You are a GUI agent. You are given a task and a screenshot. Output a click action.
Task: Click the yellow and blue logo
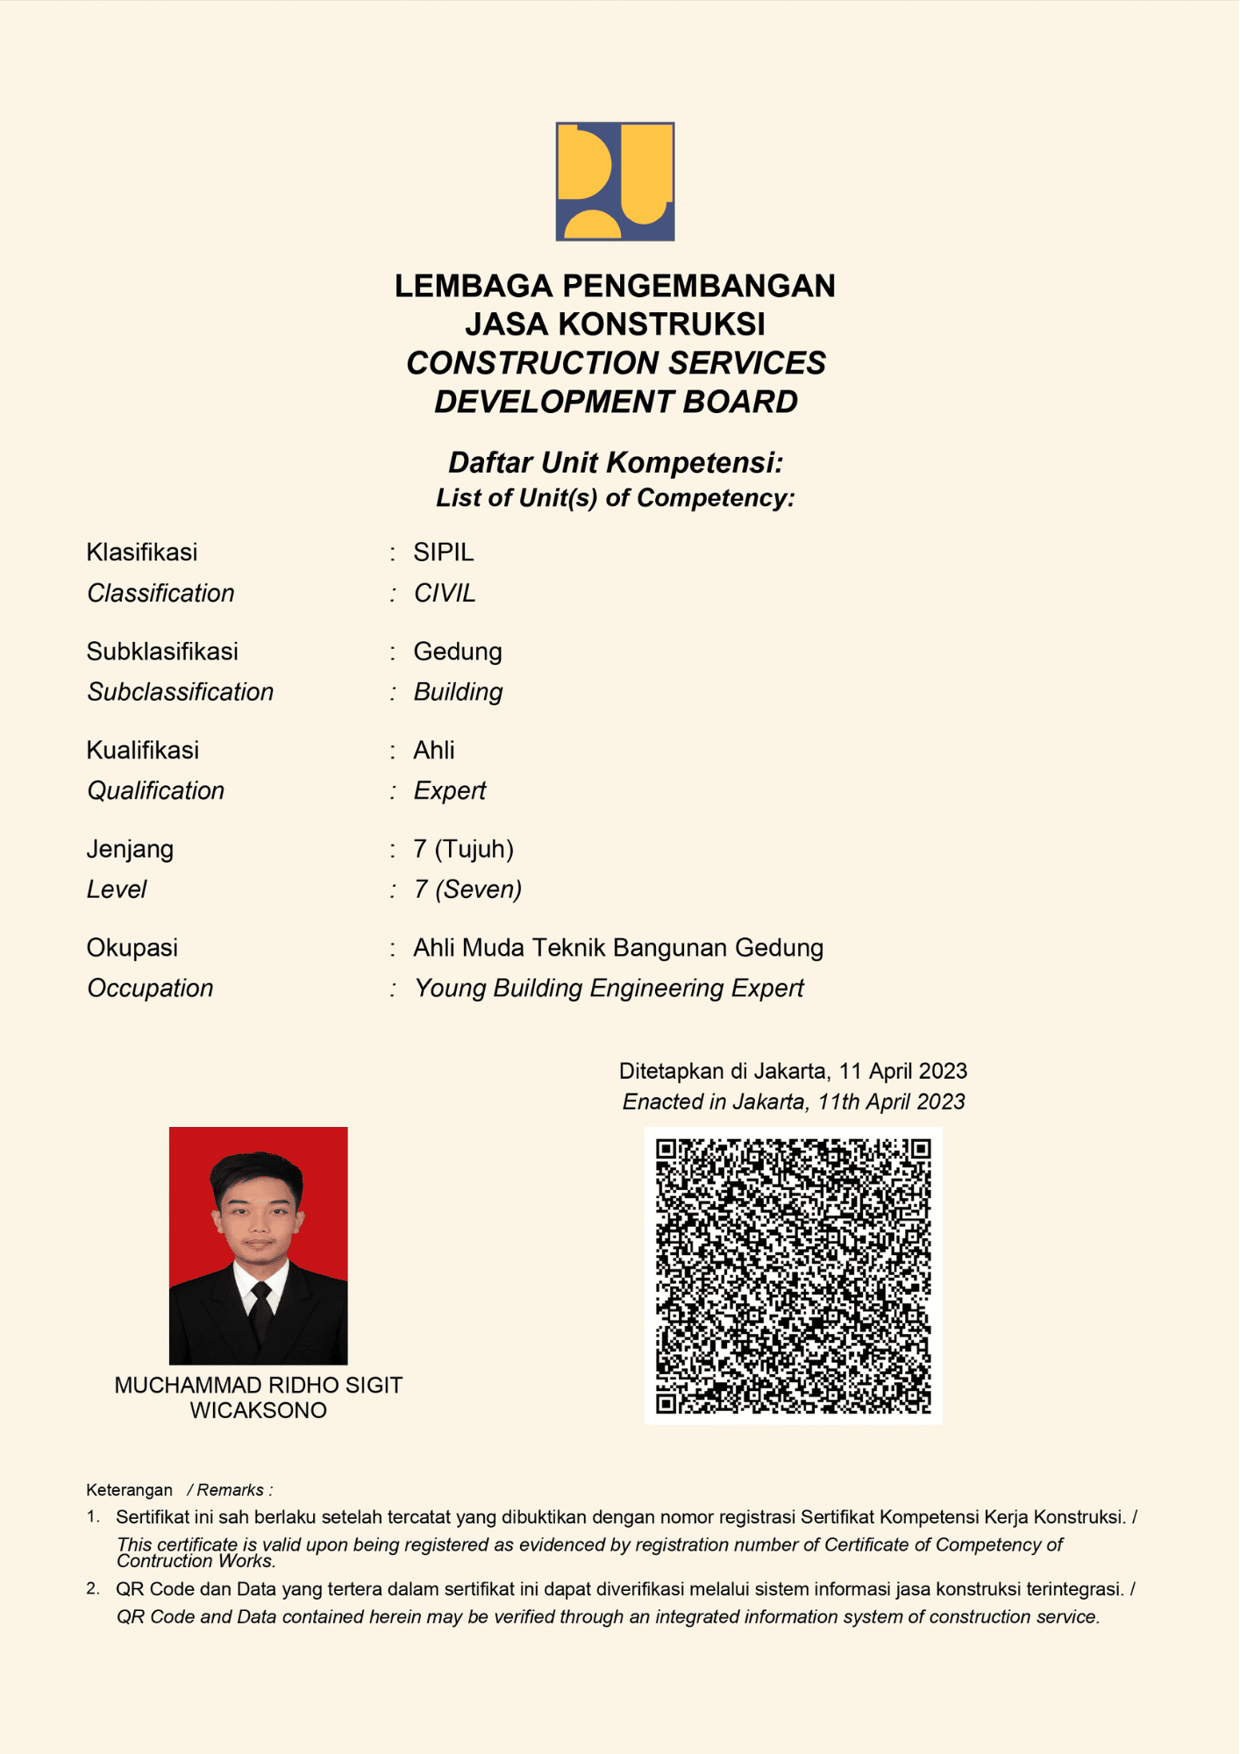pyautogui.click(x=615, y=182)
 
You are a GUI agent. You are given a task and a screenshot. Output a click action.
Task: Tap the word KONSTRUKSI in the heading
pyautogui.click(x=661, y=324)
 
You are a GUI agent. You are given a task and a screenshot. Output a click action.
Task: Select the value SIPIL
pyautogui.click(x=444, y=553)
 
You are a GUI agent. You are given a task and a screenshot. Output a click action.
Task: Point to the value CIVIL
pyautogui.click(x=445, y=594)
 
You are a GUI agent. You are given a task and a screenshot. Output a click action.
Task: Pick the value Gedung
pyautogui.click(x=458, y=652)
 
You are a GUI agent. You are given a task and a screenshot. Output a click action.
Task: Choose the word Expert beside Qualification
pyautogui.click(x=450, y=791)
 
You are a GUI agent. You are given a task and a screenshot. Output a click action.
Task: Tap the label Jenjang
pyautogui.click(x=130, y=849)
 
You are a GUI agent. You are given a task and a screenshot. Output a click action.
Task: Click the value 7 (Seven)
pyautogui.click(x=467, y=889)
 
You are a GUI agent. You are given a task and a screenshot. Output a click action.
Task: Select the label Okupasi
pyautogui.click(x=132, y=948)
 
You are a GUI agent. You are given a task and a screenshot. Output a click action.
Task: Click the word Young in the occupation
pyautogui.click(x=449, y=988)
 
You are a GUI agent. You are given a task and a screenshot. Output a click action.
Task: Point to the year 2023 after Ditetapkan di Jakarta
pyautogui.click(x=938, y=1071)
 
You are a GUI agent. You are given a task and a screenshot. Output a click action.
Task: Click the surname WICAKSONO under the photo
pyautogui.click(x=258, y=1410)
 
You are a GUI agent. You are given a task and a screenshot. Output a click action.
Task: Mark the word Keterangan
pyautogui.click(x=129, y=1490)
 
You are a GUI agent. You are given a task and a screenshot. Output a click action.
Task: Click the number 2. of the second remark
pyautogui.click(x=93, y=1588)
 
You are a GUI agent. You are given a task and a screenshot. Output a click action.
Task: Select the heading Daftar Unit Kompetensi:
pyautogui.click(x=615, y=462)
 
